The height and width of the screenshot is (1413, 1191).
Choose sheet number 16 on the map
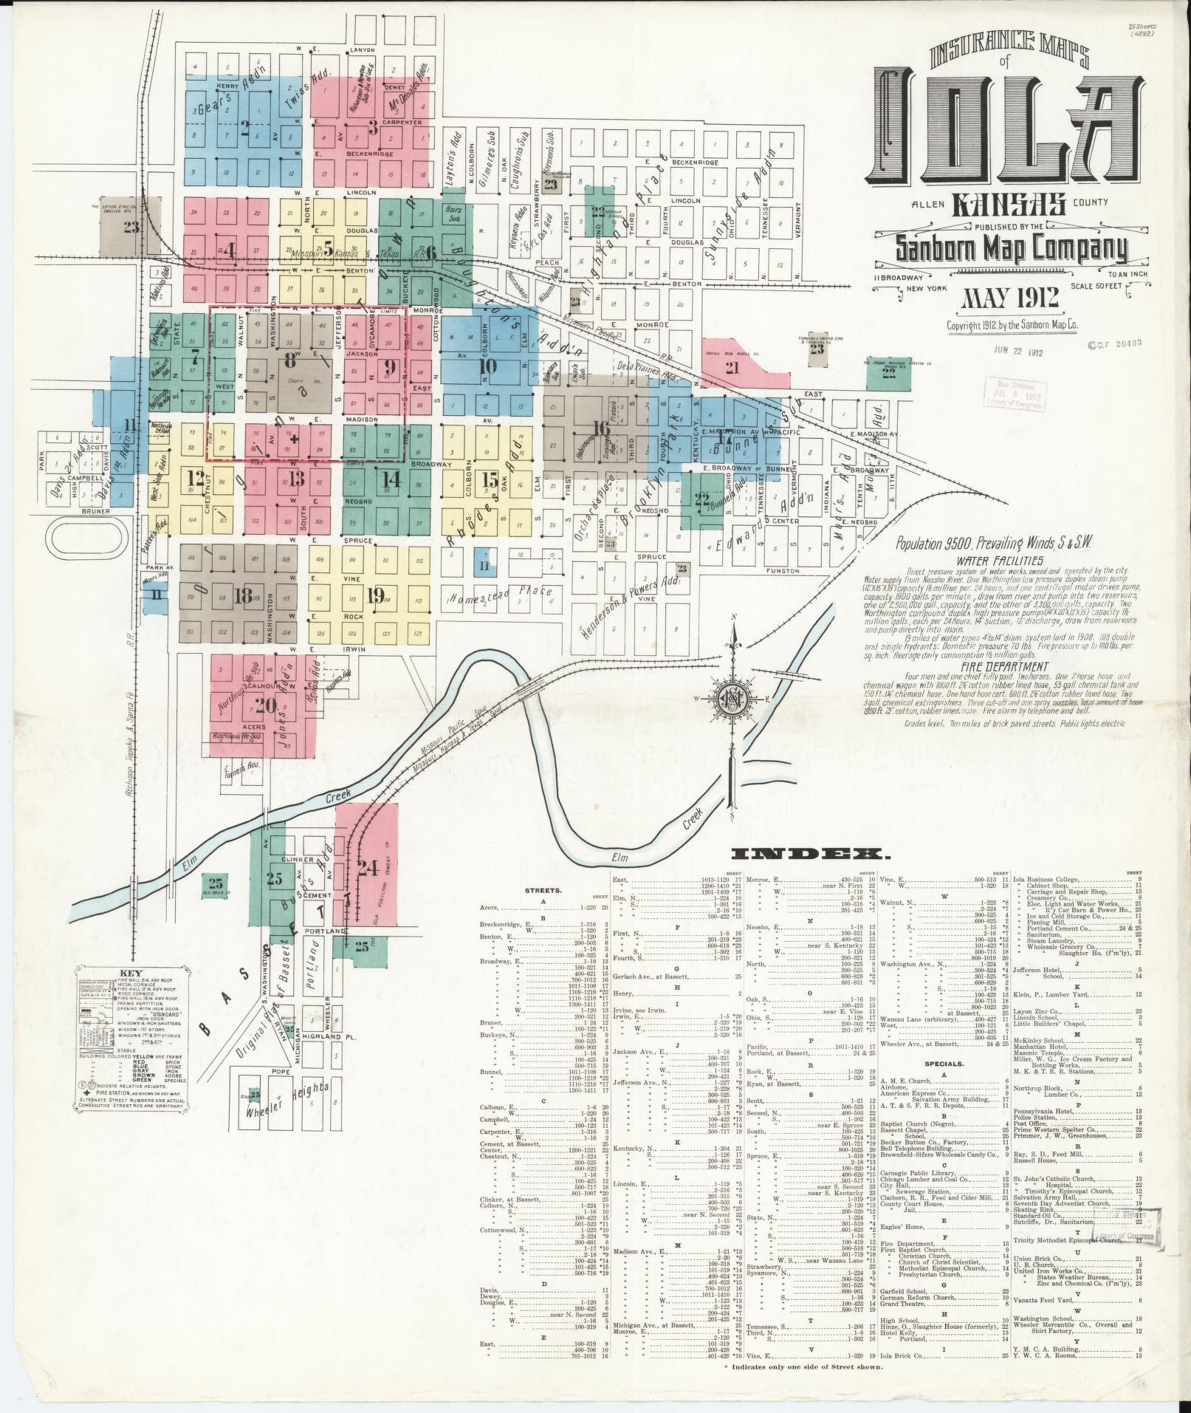click(603, 428)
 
